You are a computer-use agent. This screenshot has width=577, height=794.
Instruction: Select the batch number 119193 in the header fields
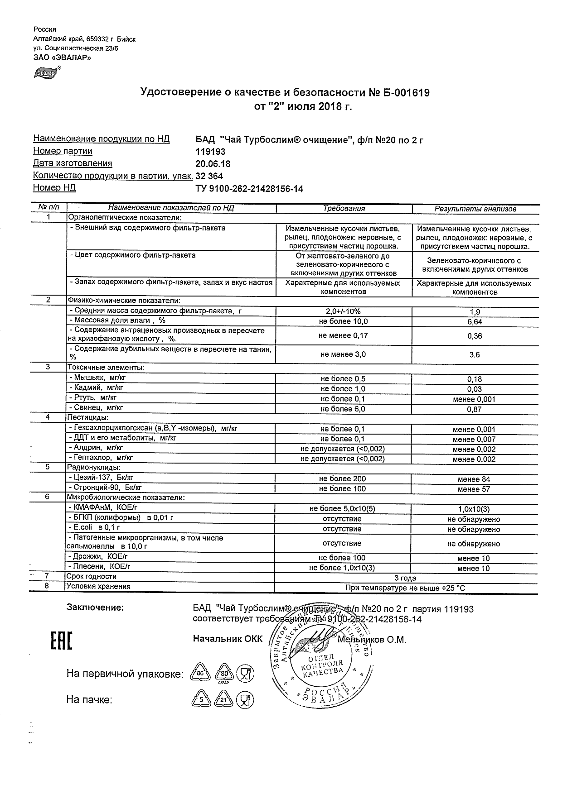[210, 152]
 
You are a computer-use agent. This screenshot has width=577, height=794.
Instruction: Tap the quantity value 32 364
[209, 176]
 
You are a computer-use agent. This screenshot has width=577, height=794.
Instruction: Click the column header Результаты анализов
[475, 209]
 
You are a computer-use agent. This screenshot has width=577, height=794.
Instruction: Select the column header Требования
[344, 209]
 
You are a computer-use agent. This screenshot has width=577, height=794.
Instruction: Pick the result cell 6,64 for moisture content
[475, 322]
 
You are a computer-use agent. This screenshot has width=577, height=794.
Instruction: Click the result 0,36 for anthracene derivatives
[475, 336]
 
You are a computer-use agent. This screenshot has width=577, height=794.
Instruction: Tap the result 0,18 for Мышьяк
[475, 379]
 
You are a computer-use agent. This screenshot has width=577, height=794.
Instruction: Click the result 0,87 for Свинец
[475, 409]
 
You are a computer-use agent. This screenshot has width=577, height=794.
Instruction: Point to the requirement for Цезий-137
[342, 478]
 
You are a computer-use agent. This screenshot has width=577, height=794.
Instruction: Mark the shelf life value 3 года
[405, 578]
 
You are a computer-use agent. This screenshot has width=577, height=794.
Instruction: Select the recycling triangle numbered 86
[199, 674]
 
